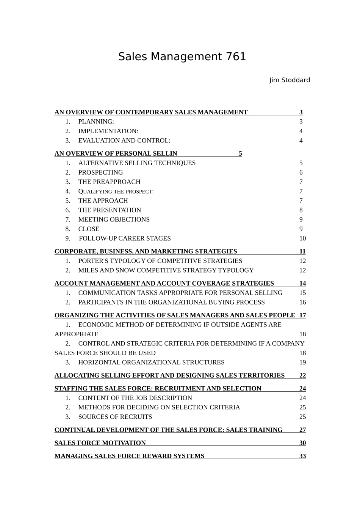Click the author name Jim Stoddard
coord(290,80)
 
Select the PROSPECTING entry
coord(100,172)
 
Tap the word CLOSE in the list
coord(89,229)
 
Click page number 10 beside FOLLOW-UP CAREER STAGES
coord(302,238)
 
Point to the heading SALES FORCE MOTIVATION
coord(100,443)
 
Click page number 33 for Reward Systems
coord(302,456)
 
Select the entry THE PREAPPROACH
coord(109,182)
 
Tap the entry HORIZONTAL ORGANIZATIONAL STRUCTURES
coord(151,362)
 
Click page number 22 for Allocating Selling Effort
coord(302,375)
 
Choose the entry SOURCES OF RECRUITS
coord(115,417)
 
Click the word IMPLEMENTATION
coord(108,131)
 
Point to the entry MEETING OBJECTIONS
coord(114,219)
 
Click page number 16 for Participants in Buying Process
coord(302,302)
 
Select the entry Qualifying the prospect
coord(116,191)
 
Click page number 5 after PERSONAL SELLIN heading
coord(240,153)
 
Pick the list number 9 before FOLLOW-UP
coord(67,238)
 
